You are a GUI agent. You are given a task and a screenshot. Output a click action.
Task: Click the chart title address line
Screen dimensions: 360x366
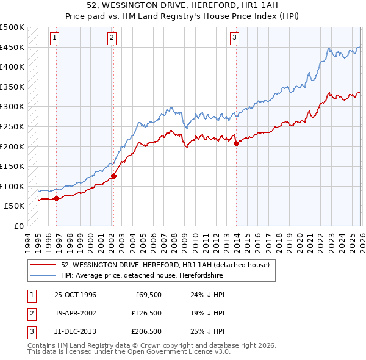[x=183, y=5]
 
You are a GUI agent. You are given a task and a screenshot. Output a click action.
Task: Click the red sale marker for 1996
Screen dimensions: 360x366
[x=57, y=198]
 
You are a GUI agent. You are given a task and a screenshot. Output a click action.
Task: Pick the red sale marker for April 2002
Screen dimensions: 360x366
[x=113, y=176]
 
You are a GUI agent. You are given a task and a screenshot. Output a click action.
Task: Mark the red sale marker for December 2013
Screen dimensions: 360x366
[x=236, y=144]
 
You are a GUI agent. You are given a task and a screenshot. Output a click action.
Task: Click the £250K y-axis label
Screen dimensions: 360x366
[x=12, y=126]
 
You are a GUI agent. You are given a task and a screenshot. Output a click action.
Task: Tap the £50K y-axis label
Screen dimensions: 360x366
[x=14, y=206]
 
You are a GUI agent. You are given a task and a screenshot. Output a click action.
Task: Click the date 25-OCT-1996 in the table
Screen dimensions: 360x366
[x=75, y=295]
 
